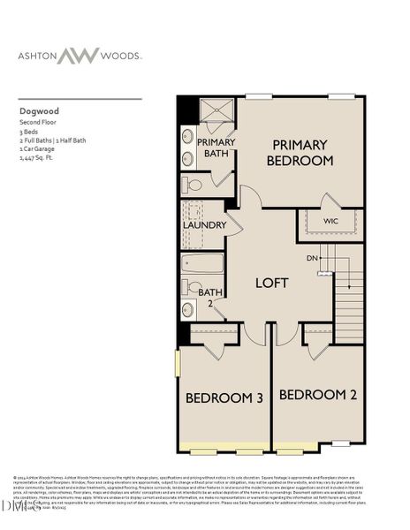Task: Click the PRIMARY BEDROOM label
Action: coord(300,153)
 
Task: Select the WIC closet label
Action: coord(330,221)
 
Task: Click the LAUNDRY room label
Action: coord(205,225)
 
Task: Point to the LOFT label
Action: coord(272,284)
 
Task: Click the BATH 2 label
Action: coord(209,297)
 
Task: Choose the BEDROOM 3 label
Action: coord(224,398)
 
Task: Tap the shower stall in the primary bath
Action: coord(213,112)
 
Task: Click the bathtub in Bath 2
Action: coord(202,264)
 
